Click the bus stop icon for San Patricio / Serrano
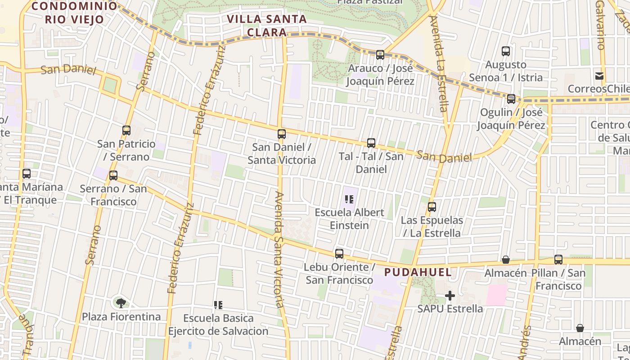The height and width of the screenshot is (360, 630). (126, 130)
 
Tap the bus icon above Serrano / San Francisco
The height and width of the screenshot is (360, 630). (113, 175)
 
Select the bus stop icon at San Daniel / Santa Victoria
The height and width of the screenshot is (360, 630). (282, 134)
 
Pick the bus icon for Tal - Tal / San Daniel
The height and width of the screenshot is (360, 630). (371, 143)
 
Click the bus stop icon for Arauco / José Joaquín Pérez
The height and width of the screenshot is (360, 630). (380, 55)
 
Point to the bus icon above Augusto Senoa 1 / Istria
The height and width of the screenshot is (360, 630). (506, 51)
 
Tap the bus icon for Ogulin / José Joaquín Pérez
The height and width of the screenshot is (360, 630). (511, 99)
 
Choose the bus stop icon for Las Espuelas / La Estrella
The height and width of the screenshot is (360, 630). (432, 207)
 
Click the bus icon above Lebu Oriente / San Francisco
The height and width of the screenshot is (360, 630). (339, 254)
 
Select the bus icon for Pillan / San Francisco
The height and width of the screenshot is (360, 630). (558, 260)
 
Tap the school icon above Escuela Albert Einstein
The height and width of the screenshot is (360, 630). (349, 199)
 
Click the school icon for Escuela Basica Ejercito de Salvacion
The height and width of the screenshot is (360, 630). (218, 305)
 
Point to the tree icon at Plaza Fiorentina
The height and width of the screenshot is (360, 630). (121, 303)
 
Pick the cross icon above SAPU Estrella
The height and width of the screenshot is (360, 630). (450, 296)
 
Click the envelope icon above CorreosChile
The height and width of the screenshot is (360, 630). (599, 76)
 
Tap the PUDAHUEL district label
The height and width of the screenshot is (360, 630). (418, 272)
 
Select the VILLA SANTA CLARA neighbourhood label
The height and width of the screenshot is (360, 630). (267, 26)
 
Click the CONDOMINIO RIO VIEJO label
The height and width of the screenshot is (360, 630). (75, 13)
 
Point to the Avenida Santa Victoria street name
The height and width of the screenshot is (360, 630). (279, 250)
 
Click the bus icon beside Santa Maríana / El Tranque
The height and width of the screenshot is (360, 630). (27, 174)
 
